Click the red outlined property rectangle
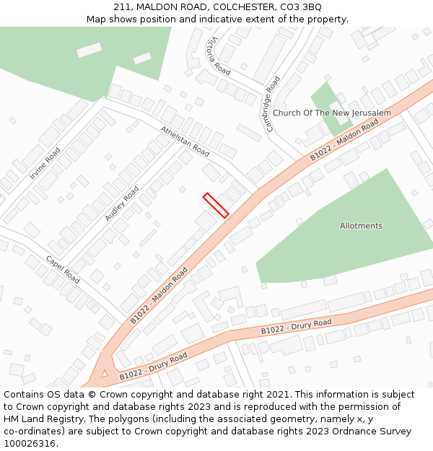pos(216,205)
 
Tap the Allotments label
pos(361,226)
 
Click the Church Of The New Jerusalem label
pos(331,113)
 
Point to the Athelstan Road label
pos(185,141)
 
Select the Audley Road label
pos(121,203)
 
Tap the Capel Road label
pos(62,268)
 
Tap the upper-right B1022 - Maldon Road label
pos(344,141)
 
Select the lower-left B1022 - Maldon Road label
pos(159,294)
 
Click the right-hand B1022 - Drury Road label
pos(296,327)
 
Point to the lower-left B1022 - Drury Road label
pos(153,366)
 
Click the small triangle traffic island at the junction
pos(105,373)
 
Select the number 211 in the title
pos(122,6)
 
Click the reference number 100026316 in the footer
pos(29,443)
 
